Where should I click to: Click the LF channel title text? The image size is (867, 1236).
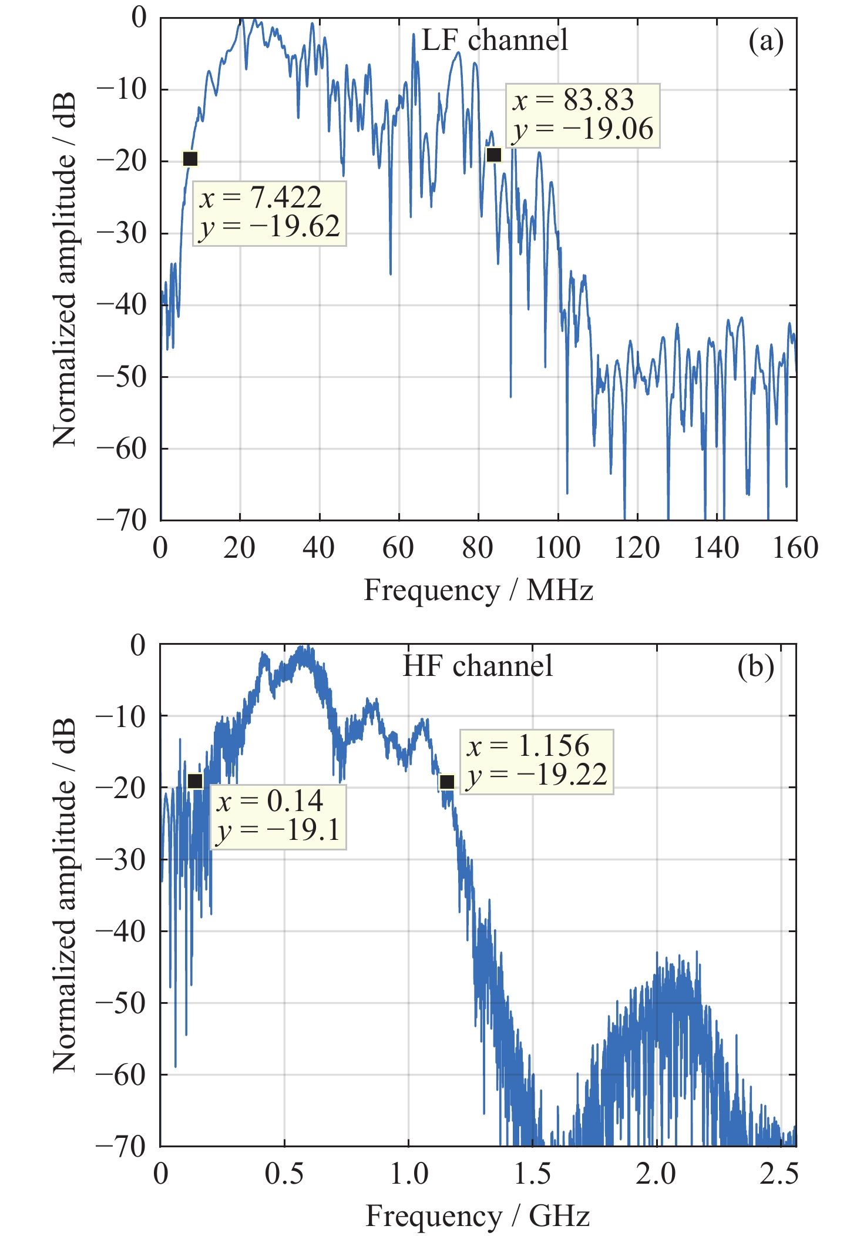pos(495,41)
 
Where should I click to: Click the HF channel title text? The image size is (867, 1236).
pos(478,666)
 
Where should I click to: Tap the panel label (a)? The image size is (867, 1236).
pos(766,42)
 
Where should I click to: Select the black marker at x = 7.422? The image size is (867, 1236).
pos(190,159)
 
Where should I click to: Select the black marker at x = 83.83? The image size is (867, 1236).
pos(494,155)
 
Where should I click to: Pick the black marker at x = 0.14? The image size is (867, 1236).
pos(195,781)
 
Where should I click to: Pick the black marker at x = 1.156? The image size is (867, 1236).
pos(447,782)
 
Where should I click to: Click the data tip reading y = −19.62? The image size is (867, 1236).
pos(270,213)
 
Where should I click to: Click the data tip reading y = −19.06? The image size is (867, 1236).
pos(583,115)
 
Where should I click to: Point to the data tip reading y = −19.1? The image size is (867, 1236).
pos(278,817)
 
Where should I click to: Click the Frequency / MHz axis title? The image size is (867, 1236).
pos(478,590)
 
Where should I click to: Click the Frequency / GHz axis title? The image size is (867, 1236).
pos(478,1216)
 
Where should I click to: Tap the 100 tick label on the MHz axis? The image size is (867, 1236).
pos(557,548)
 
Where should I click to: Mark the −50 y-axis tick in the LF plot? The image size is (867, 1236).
pos(122,377)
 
